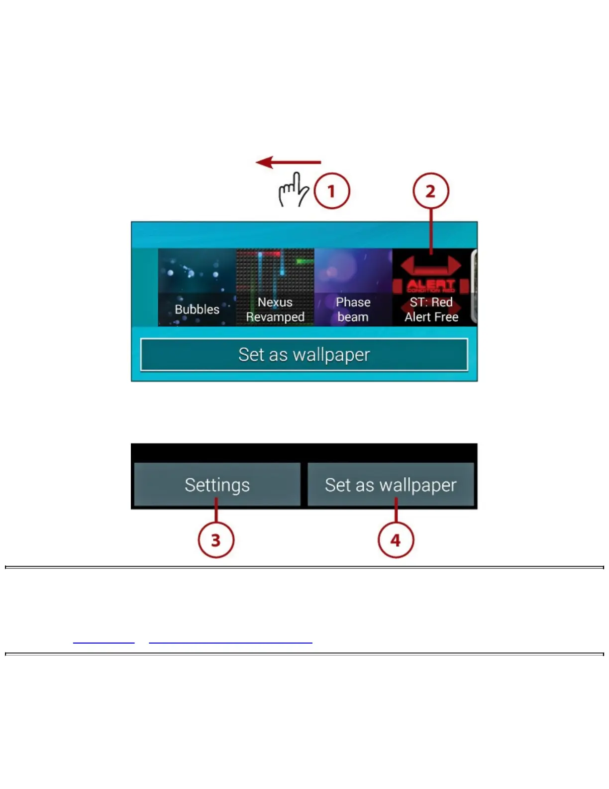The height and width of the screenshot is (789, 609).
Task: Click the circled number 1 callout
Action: tap(331, 191)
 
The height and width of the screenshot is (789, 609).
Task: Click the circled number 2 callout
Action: tap(431, 191)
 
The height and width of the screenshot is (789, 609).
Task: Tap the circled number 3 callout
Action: tap(216, 540)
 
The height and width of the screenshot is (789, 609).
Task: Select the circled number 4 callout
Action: tap(396, 540)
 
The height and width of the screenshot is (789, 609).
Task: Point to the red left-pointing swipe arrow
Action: tap(289, 162)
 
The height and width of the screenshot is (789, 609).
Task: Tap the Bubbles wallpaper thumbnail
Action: tap(197, 287)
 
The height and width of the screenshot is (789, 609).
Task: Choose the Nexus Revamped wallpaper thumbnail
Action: tap(275, 287)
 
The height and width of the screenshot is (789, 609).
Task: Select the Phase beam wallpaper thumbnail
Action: tap(353, 287)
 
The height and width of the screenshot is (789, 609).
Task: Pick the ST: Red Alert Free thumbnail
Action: tap(431, 287)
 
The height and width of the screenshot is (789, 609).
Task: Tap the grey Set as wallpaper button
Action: tap(391, 485)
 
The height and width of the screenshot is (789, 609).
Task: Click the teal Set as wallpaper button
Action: tap(304, 355)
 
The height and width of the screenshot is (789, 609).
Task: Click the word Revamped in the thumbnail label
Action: tap(275, 317)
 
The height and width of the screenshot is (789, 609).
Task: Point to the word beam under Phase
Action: tap(353, 317)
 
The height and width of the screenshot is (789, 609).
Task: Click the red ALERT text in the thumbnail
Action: tap(431, 284)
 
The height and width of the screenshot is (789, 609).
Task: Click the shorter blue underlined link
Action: tap(103, 642)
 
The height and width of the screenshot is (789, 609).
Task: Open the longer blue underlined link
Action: tap(230, 642)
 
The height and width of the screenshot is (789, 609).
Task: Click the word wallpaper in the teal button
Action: tap(331, 355)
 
